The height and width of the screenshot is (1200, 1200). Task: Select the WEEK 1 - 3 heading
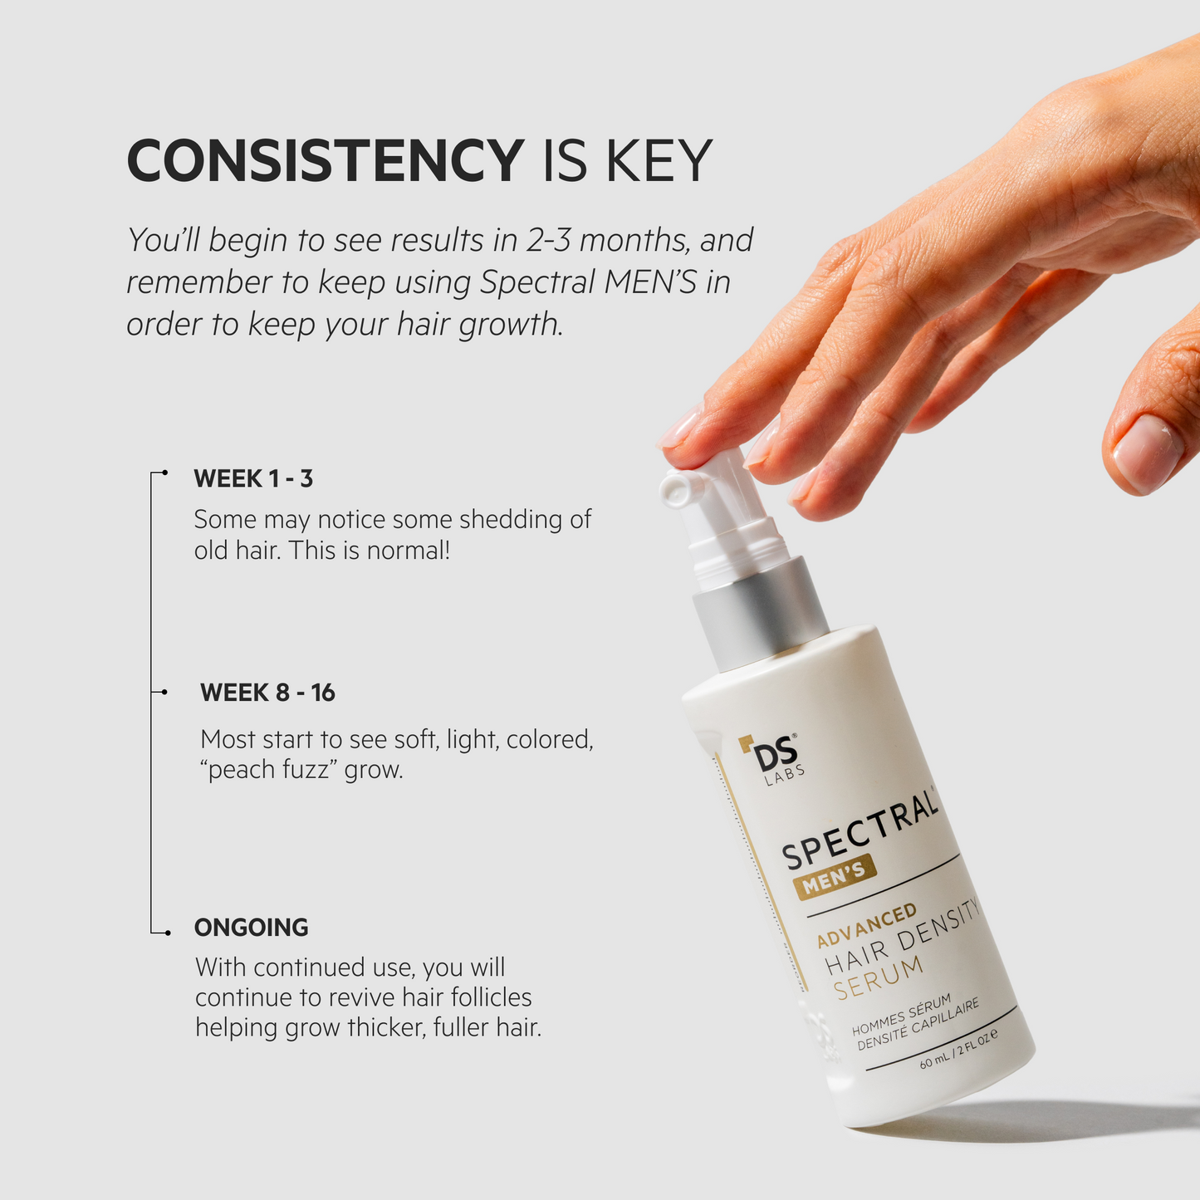(x=253, y=478)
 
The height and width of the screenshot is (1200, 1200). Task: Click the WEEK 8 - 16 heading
(x=267, y=693)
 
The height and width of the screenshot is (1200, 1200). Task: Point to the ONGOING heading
(x=251, y=927)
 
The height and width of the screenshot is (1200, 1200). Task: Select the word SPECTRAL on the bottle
(x=860, y=830)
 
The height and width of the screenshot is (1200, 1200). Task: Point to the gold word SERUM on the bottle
(x=879, y=978)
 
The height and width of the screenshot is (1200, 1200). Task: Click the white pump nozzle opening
(x=674, y=489)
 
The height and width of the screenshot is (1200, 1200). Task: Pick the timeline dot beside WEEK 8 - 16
(x=164, y=692)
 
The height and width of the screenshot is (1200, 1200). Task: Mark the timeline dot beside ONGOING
(x=168, y=933)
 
